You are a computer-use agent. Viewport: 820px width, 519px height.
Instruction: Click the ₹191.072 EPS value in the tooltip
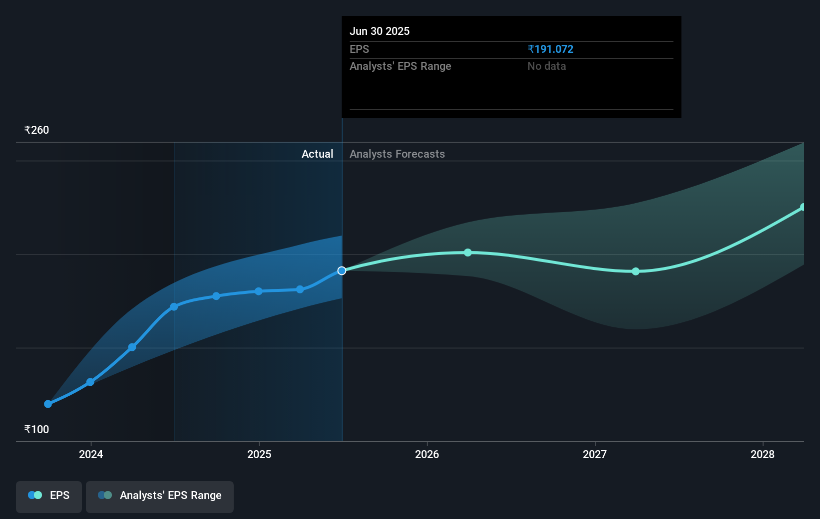tap(550, 49)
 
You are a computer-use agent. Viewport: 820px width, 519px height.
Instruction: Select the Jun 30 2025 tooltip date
tap(380, 31)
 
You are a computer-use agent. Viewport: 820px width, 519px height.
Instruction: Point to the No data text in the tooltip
tap(546, 66)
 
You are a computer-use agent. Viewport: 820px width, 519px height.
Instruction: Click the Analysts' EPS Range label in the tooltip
tap(400, 66)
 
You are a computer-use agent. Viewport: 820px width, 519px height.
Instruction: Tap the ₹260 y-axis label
tap(37, 130)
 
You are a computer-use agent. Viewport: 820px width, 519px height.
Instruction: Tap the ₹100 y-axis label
tap(37, 429)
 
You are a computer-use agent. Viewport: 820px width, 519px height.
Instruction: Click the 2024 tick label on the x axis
tap(91, 454)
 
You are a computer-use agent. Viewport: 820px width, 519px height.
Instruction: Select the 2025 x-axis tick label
tap(259, 454)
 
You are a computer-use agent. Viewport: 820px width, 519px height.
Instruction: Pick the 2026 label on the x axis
tap(427, 454)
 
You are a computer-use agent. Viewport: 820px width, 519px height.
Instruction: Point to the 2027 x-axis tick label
tap(595, 454)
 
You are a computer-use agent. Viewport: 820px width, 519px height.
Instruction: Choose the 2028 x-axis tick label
tap(763, 454)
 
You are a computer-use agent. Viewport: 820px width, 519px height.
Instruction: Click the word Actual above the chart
tap(317, 154)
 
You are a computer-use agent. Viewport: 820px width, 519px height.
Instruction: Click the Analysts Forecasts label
tap(397, 154)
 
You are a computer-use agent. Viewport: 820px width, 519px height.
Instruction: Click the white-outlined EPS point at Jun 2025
tap(342, 270)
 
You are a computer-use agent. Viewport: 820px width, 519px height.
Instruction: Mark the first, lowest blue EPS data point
tap(48, 404)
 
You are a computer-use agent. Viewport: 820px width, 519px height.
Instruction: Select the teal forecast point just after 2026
tap(468, 253)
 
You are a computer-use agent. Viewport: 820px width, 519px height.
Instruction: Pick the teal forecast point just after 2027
tap(636, 271)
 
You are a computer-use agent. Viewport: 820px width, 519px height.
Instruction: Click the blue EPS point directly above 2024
tap(90, 382)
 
